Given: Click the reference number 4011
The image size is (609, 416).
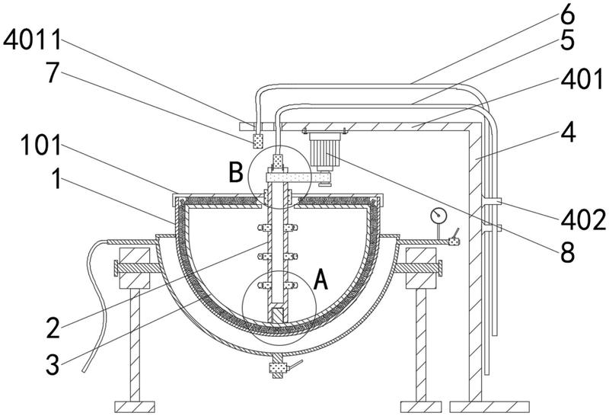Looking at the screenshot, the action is click(32, 40).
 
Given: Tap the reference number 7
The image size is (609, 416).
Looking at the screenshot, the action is click(53, 73).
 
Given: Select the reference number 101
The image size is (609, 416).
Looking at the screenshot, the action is click(41, 146).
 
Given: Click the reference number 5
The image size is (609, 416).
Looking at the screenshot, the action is click(567, 40).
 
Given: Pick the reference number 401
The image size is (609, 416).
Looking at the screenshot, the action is click(582, 80).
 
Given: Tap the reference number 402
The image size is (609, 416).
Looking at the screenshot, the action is click(583, 219).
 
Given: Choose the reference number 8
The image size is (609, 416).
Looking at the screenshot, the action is click(567, 252).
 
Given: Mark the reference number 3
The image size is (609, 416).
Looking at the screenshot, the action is click(53, 365).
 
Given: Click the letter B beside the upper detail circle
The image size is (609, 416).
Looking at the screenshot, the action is click(236, 172).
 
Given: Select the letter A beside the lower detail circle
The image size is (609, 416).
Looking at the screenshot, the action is click(320, 280).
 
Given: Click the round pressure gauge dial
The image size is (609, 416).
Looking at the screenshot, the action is click(438, 216).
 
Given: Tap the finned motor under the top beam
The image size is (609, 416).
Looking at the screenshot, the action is click(325, 152).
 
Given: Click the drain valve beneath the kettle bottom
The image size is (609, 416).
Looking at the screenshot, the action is click(278, 367).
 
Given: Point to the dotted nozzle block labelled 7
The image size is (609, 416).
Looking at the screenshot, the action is click(257, 141).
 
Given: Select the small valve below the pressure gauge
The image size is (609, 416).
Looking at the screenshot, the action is click(453, 242).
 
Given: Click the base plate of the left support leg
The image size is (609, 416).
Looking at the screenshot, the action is click(135, 407).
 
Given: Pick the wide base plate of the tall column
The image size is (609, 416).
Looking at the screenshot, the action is click(489, 407).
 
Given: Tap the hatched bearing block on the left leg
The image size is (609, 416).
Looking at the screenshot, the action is click(135, 268).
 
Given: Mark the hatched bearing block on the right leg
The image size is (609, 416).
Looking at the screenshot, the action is click(421, 268).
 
